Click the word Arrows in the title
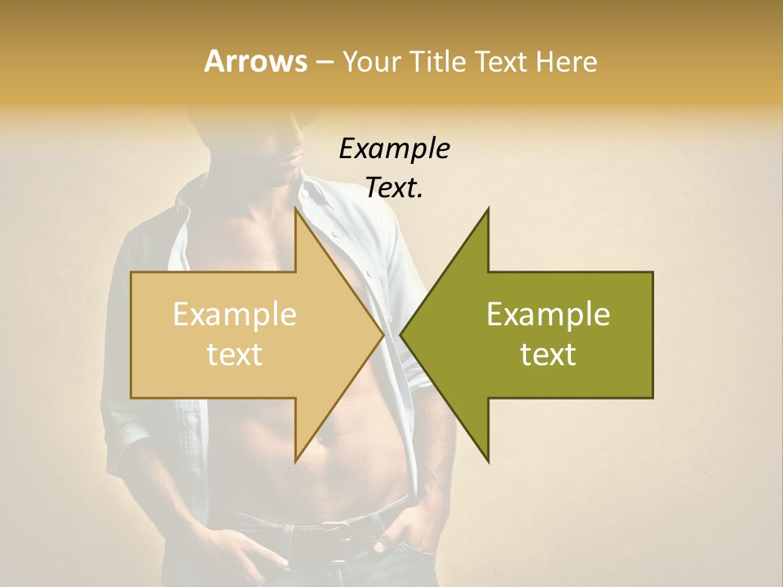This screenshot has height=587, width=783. tap(255, 61)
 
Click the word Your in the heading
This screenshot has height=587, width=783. tap(371, 61)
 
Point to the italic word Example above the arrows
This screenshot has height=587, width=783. tap(395, 149)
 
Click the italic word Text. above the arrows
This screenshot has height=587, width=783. tap(395, 188)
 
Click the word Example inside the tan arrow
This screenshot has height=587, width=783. tap(235, 315)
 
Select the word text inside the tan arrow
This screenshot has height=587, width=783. tap(235, 355)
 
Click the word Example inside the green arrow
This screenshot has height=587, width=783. tap(548, 315)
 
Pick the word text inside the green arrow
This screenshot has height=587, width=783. tap(548, 355)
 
